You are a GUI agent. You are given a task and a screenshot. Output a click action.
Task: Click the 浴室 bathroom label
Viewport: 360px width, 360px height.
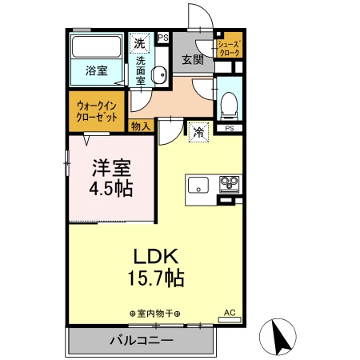pyautogui.click(x=97, y=71)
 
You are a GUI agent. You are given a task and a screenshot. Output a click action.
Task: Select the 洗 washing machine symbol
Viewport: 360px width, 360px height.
pyautogui.click(x=140, y=43)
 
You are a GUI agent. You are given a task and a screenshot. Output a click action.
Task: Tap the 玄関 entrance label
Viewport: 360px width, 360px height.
pyautogui.click(x=192, y=59)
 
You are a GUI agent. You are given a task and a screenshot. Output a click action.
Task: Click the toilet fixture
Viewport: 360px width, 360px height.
pyautogui.click(x=228, y=102)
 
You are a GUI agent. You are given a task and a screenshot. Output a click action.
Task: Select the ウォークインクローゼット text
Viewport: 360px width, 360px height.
pyautogui.click(x=98, y=110)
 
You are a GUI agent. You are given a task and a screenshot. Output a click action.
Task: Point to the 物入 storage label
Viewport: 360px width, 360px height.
pyautogui.click(x=140, y=126)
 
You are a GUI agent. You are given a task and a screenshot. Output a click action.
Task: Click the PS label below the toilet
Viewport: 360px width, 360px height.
pyautogui.click(x=229, y=128)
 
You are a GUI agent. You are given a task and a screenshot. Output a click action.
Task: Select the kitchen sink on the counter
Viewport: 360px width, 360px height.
pyautogui.click(x=198, y=186)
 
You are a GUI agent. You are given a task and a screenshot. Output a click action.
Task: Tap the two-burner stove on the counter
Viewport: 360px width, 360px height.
pyautogui.click(x=229, y=184)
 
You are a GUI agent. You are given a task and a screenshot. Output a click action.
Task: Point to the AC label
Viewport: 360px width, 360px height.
pyautogui.click(x=230, y=313)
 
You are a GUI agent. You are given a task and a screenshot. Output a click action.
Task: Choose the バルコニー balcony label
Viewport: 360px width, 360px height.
pyautogui.click(x=141, y=341)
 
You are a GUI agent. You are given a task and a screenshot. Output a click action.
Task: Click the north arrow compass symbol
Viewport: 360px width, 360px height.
pyautogui.click(x=282, y=336)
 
